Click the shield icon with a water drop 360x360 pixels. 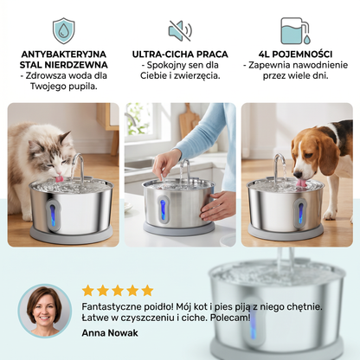tap(63, 30)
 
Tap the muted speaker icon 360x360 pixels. tap(180, 30)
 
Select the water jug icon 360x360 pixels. tap(295, 31)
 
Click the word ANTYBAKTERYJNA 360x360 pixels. tap(64, 55)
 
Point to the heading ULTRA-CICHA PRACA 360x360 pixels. tap(180, 55)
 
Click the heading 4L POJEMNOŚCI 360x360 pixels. tap(295, 55)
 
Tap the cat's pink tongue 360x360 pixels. tap(60, 178)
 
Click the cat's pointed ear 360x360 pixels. tap(65, 138)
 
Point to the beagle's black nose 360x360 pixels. tap(297, 175)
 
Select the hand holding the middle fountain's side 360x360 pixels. tap(216, 206)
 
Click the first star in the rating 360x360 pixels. tap(87, 291)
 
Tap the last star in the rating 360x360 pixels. tap(147, 291)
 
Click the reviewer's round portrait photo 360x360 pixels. tap(44, 311)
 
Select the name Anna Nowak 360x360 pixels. tap(110, 333)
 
